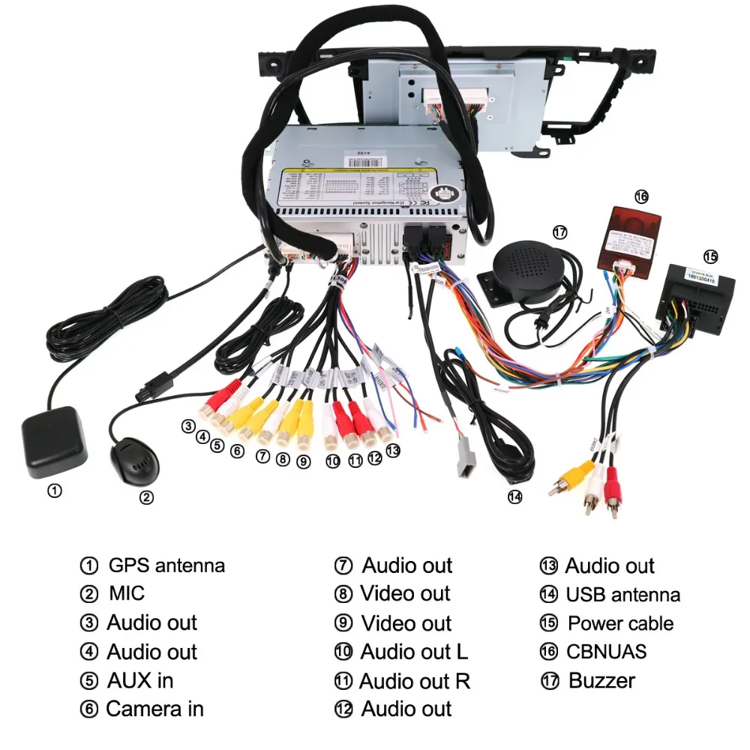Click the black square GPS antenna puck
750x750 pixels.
tap(52, 442)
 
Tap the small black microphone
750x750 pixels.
tap(136, 459)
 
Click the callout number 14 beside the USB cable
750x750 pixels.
tap(514, 496)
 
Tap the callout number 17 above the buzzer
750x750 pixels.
tap(560, 232)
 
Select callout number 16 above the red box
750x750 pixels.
tap(641, 196)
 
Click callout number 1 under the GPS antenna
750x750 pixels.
tap(55, 491)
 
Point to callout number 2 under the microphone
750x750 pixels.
tap(147, 496)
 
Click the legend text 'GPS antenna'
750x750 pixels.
tap(166, 565)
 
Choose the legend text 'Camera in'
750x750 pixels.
tap(154, 708)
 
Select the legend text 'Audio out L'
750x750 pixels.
tap(413, 652)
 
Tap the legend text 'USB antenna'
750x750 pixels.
tap(622, 595)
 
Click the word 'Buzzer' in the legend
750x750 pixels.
tap(601, 680)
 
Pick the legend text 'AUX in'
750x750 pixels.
tap(139, 680)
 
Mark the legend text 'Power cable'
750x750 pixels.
tap(620, 623)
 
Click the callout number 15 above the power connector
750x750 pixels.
tap(709, 256)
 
